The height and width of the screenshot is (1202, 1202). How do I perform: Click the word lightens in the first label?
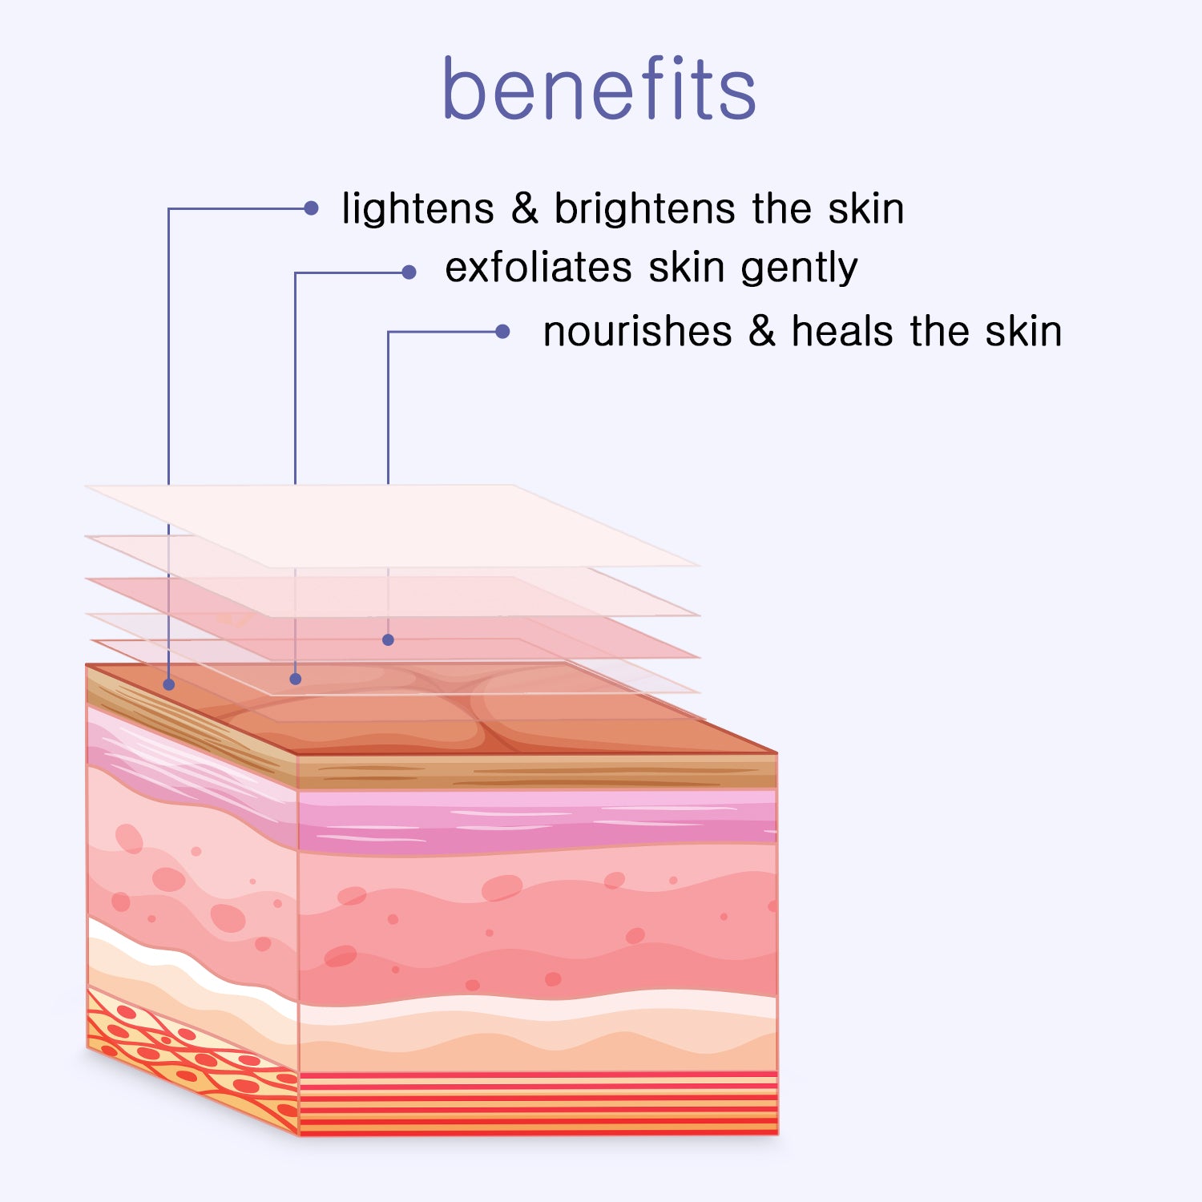tap(417, 208)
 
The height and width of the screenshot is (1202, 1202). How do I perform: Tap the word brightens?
tap(644, 208)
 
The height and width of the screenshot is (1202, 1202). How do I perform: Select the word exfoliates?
tap(538, 267)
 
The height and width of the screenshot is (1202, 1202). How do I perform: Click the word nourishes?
tap(638, 331)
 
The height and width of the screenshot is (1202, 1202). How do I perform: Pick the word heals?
tap(842, 331)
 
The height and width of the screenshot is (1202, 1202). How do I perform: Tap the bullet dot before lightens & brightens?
tap(311, 208)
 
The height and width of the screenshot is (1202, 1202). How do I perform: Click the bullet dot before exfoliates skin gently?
tap(409, 272)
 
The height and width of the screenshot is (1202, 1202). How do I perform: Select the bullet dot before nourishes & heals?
tap(502, 332)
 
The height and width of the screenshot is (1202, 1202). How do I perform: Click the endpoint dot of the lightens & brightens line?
tap(168, 684)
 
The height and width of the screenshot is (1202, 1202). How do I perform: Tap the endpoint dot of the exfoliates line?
tap(296, 679)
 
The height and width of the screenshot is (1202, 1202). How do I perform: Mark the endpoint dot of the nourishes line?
tap(388, 639)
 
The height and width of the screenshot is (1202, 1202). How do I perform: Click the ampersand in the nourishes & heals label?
tap(762, 331)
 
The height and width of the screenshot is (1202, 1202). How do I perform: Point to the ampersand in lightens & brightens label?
tap(525, 208)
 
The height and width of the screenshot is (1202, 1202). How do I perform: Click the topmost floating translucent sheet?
tap(393, 526)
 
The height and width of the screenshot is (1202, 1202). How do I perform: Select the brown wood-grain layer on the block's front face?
tap(537, 771)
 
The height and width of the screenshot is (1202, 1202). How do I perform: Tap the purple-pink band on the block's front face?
tap(537, 821)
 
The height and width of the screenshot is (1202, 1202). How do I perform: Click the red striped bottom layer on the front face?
tap(537, 1103)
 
